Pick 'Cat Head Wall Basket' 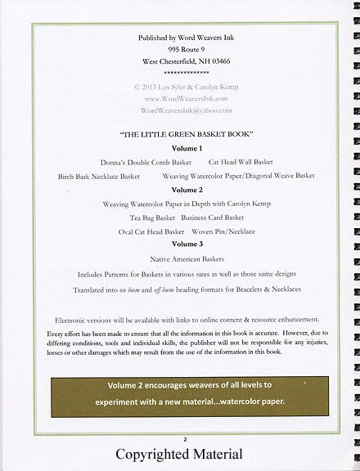pos(241,163)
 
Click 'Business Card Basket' pos(213,218)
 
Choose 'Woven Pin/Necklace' pos(226,231)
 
